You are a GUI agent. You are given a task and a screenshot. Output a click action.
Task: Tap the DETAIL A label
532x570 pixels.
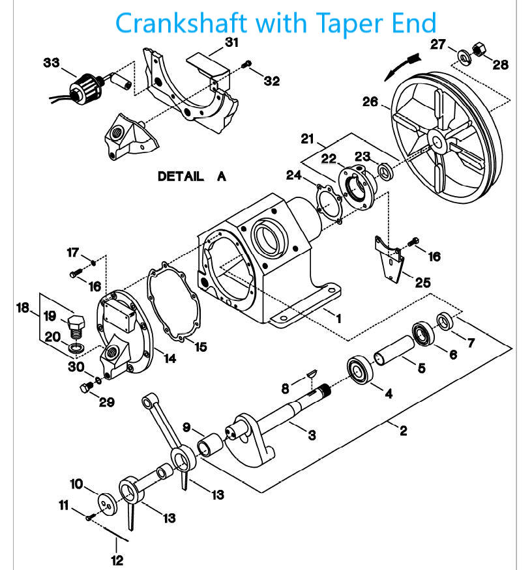coord(192,177)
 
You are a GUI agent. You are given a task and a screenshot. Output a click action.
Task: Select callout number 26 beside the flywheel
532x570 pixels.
coord(370,101)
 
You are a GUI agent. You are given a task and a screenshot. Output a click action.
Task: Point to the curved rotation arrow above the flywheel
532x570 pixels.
coord(401,65)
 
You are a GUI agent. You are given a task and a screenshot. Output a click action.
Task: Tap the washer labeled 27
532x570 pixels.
coord(464,56)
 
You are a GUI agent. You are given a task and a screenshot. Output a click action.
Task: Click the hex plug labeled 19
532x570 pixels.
coord(75,324)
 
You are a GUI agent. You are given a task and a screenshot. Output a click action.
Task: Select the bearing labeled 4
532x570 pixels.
coord(359,369)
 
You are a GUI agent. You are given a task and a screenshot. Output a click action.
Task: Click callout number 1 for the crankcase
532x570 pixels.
coord(338,317)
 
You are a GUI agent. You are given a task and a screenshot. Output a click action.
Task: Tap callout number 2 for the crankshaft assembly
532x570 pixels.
coord(404,431)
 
